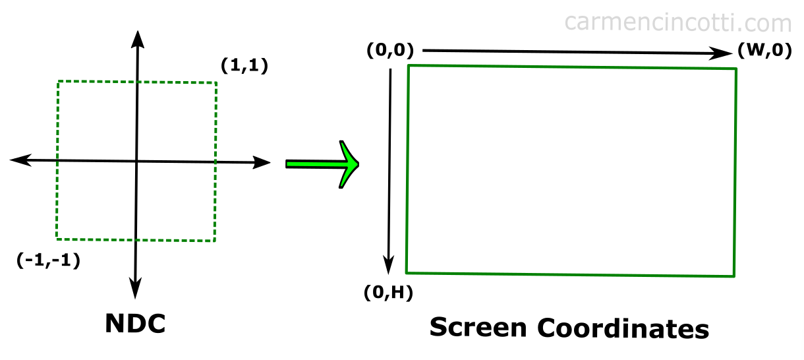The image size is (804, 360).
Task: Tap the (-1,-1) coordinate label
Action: tap(48, 260)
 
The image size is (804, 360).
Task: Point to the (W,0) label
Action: tap(764, 50)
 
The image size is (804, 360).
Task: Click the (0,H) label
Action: tap(388, 293)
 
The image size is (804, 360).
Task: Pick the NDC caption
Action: tap(135, 324)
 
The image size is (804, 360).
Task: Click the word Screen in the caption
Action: tap(478, 328)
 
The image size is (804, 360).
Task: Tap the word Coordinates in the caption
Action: tap(623, 328)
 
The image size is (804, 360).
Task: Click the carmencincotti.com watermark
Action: tap(678, 22)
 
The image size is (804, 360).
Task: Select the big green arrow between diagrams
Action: tap(322, 164)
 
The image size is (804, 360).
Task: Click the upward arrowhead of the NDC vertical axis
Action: tap(138, 39)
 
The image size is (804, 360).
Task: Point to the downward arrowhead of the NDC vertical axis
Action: tap(135, 289)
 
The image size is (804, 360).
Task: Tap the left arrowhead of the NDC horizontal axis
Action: tap(20, 160)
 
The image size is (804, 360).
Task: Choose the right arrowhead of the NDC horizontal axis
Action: tap(261, 162)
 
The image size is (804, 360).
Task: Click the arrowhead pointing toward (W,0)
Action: tap(722, 53)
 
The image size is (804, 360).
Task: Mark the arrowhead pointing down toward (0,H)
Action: tap(388, 266)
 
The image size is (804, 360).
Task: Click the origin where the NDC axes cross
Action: tap(136, 162)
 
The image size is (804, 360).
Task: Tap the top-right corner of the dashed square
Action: tap(216, 83)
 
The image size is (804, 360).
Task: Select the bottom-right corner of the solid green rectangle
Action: tap(734, 276)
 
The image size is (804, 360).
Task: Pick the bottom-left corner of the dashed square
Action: tap(57, 239)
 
